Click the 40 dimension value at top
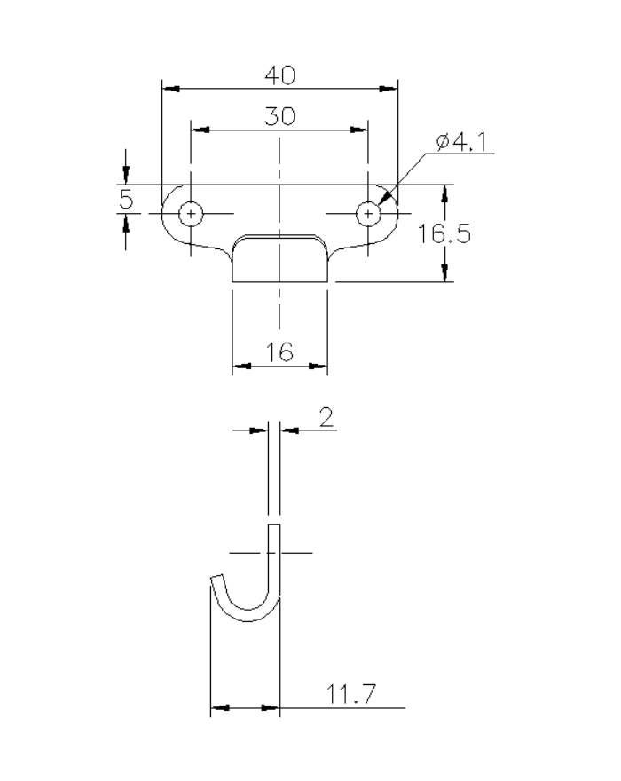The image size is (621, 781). pyautogui.click(x=280, y=76)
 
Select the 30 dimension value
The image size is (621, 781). pyautogui.click(x=280, y=117)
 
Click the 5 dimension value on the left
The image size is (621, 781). pyautogui.click(x=127, y=200)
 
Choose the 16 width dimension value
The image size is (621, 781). pyautogui.click(x=280, y=352)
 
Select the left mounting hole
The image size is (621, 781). pyautogui.click(x=191, y=213)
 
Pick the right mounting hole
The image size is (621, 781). pyautogui.click(x=368, y=213)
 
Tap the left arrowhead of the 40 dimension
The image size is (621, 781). pyautogui.click(x=171, y=90)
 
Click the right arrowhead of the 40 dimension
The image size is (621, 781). pyautogui.click(x=388, y=90)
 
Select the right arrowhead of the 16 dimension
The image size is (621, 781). pyautogui.click(x=318, y=365)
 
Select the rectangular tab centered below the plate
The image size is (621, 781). pyautogui.click(x=280, y=259)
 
